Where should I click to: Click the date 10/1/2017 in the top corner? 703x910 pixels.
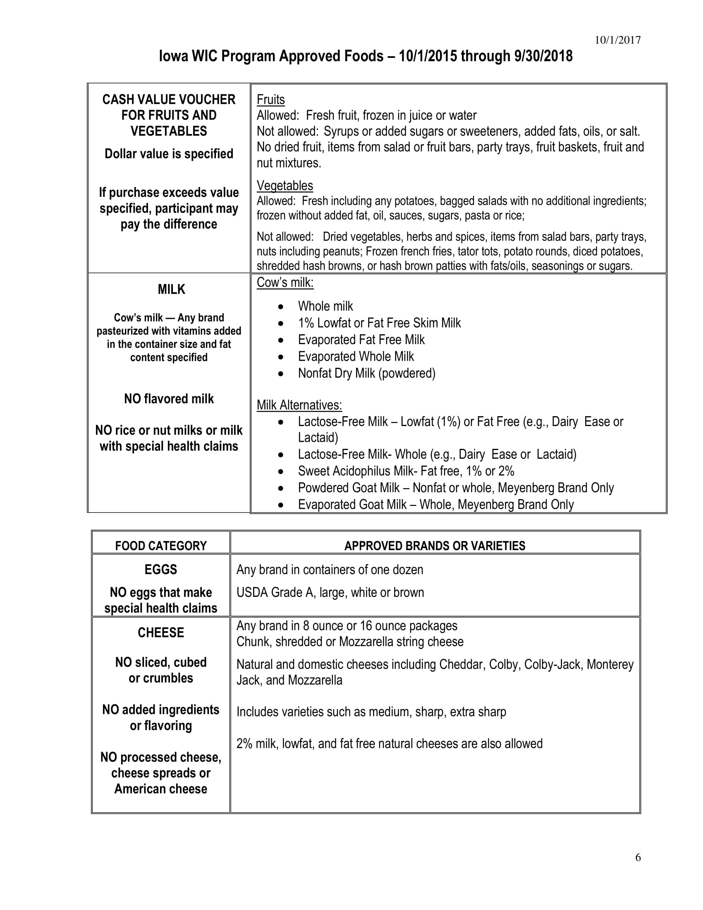coord(618,40)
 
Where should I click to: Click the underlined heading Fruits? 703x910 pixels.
coord(271,100)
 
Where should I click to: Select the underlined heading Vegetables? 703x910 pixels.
coord(285,185)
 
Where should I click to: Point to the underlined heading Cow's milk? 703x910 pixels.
coord(285,283)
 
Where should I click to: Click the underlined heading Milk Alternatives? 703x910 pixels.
coord(299,405)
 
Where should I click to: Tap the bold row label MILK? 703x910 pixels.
coord(171,289)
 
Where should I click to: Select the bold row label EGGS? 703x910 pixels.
coord(161,569)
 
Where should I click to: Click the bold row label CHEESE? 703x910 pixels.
coord(161,632)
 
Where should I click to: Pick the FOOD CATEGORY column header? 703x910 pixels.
coord(161,546)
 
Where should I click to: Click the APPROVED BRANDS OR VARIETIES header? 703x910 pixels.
coord(435,546)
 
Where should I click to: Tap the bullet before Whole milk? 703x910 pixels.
coord(282,307)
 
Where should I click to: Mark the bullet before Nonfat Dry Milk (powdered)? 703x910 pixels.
coord(282,374)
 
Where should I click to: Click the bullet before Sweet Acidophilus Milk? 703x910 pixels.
coord(282,472)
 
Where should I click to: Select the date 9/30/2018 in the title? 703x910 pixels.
coord(543,56)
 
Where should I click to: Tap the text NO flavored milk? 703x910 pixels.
coord(169,399)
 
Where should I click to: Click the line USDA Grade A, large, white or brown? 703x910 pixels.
coord(330,592)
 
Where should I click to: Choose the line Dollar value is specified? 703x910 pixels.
coord(169,154)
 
